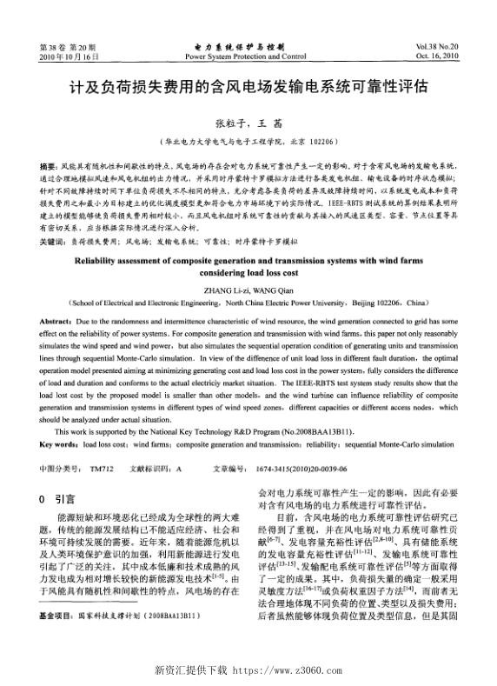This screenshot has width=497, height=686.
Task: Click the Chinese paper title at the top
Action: pos(248,89)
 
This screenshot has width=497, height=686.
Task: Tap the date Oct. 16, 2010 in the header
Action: pos(439,56)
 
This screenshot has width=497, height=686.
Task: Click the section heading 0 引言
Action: pos(58,499)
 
